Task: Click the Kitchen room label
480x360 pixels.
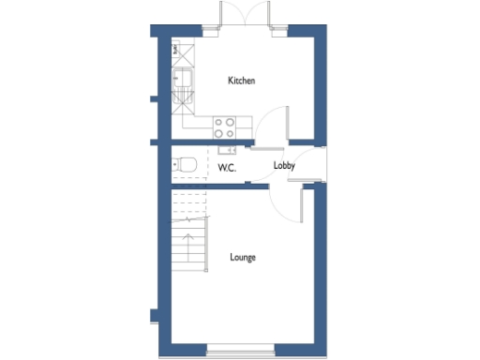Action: (x=241, y=82)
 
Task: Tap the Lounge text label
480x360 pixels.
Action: (x=243, y=257)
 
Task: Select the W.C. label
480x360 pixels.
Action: (x=226, y=168)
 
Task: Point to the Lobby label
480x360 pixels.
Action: (x=284, y=166)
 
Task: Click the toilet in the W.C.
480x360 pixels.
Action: (x=187, y=165)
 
